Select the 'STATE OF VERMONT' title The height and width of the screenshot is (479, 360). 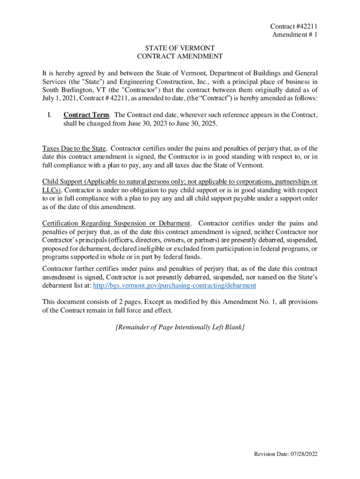[180, 48]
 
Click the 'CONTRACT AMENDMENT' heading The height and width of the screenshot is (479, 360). [180, 57]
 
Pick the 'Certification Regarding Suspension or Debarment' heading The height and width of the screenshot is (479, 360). [116, 223]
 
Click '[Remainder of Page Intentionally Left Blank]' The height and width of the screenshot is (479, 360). [180, 327]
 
